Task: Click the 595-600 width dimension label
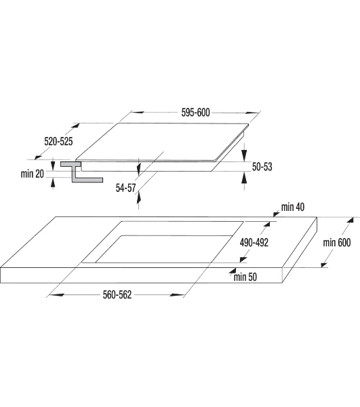pyautogui.click(x=195, y=113)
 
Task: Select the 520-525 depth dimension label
pyautogui.click(x=58, y=142)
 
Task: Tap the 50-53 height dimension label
pyautogui.click(x=262, y=167)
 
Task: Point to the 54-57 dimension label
pyautogui.click(x=126, y=188)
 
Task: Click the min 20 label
pyautogui.click(x=33, y=174)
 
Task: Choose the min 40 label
pyautogui.click(x=293, y=207)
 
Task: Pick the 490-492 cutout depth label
pyautogui.click(x=254, y=242)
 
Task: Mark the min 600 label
pyautogui.click(x=337, y=242)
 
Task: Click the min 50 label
pyautogui.click(x=245, y=277)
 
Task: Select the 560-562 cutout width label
pyautogui.click(x=117, y=294)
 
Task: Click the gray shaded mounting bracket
pyautogui.click(x=78, y=172)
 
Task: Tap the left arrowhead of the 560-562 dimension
pyautogui.click(x=56, y=295)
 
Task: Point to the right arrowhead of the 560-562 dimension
pyautogui.click(x=177, y=295)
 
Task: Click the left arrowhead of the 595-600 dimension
pyautogui.click(x=137, y=113)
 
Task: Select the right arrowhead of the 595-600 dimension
pyautogui.click(x=253, y=113)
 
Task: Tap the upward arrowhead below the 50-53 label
pyautogui.click(x=244, y=178)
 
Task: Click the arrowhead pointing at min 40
pyautogui.click(x=276, y=214)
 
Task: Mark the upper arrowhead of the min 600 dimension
pyautogui.click(x=351, y=220)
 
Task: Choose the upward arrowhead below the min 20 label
pyautogui.click(x=53, y=183)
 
